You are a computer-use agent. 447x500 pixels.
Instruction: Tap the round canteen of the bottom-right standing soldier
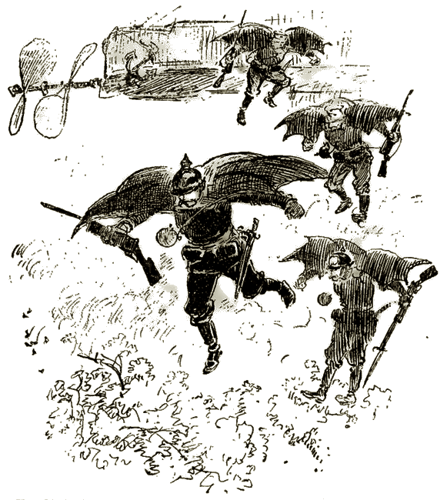[324, 298]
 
